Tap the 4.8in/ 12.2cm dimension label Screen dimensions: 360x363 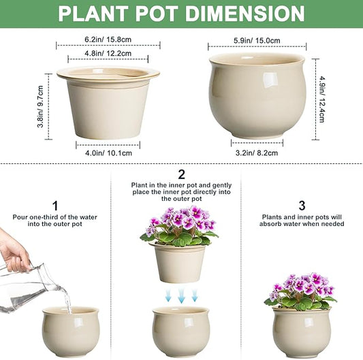(108, 53)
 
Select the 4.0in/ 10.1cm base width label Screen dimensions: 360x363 (108, 152)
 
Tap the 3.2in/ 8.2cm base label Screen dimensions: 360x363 (257, 152)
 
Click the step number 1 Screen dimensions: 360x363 (55, 205)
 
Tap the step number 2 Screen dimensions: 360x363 (181, 175)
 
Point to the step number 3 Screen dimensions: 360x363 (301, 205)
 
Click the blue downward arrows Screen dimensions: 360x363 (180, 294)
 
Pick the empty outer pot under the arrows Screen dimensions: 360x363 (180, 330)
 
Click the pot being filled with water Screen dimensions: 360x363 (70, 331)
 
